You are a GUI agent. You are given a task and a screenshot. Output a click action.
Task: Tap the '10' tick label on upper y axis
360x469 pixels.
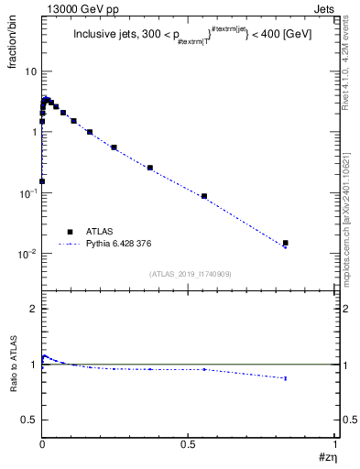(30, 71)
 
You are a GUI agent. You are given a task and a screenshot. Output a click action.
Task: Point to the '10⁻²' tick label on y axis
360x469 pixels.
(27, 253)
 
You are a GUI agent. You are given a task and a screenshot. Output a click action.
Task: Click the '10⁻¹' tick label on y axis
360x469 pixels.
(27, 192)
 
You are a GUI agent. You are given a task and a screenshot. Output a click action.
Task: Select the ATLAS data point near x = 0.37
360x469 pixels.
(150, 168)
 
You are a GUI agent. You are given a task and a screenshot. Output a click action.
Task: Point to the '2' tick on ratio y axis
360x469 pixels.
(33, 309)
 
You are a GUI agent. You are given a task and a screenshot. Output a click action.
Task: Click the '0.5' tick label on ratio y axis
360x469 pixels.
(28, 420)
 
